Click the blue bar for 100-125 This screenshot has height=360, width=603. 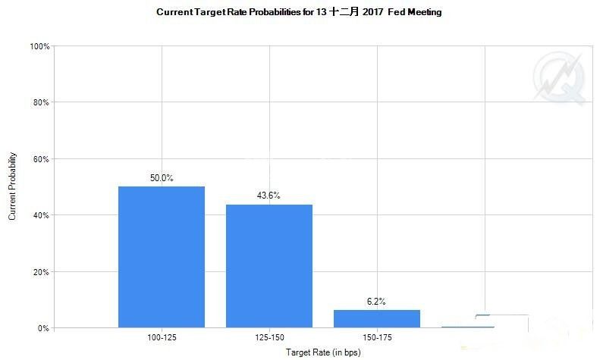[161, 257]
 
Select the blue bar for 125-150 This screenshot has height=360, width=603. [269, 266]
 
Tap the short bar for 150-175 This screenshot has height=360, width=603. [377, 319]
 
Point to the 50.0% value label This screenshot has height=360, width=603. [161, 178]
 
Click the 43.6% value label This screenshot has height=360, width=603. [269, 196]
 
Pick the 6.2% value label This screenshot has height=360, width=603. [376, 301]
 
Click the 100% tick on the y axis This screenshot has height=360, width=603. [39, 46]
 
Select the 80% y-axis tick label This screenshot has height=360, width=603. [41, 102]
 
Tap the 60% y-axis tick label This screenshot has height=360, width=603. [41, 159]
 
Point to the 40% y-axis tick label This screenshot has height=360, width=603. [41, 215]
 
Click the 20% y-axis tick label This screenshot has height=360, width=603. [41, 272]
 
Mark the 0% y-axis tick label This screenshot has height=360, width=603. [43, 328]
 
